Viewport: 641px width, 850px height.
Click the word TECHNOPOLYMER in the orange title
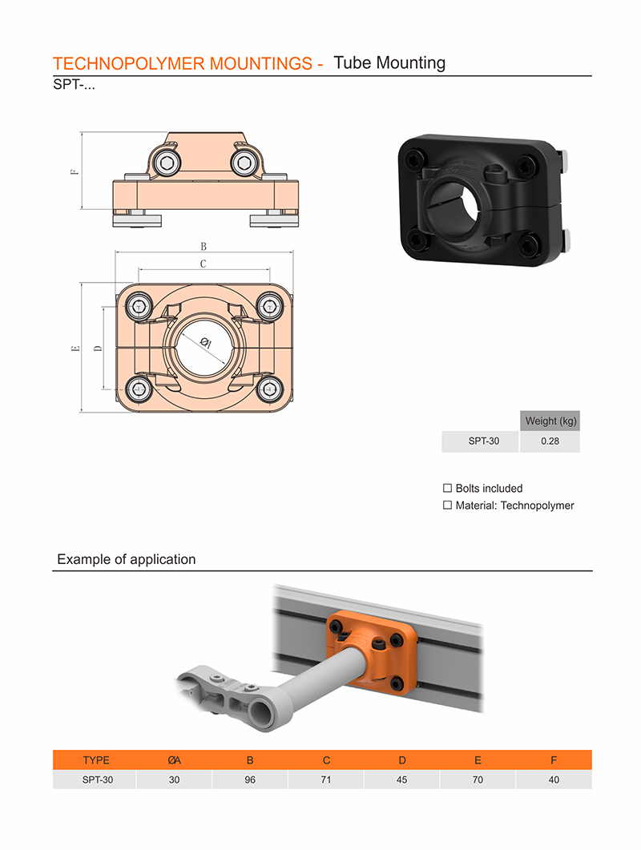coord(128,63)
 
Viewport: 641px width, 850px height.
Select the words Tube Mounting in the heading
coord(389,62)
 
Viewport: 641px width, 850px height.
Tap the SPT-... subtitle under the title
coord(74,85)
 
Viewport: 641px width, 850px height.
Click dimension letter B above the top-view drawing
coord(204,246)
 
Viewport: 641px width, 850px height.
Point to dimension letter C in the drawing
coord(204,264)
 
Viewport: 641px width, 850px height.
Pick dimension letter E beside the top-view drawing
coord(75,348)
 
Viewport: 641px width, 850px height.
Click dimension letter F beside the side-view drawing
coord(75,171)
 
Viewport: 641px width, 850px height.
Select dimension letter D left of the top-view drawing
coord(98,348)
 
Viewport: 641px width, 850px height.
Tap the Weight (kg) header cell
coord(550,421)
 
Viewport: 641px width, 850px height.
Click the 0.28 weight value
coord(550,441)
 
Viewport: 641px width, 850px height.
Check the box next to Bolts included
coord(447,488)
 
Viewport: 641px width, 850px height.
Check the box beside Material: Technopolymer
coord(447,506)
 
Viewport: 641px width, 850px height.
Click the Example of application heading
coord(127,559)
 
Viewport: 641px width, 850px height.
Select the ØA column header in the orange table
coord(174,760)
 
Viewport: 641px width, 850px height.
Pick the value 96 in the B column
coord(250,780)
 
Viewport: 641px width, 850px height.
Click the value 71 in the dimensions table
coord(326,780)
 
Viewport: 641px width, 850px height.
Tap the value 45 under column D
coord(402,780)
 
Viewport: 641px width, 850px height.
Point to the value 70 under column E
coord(478,780)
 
